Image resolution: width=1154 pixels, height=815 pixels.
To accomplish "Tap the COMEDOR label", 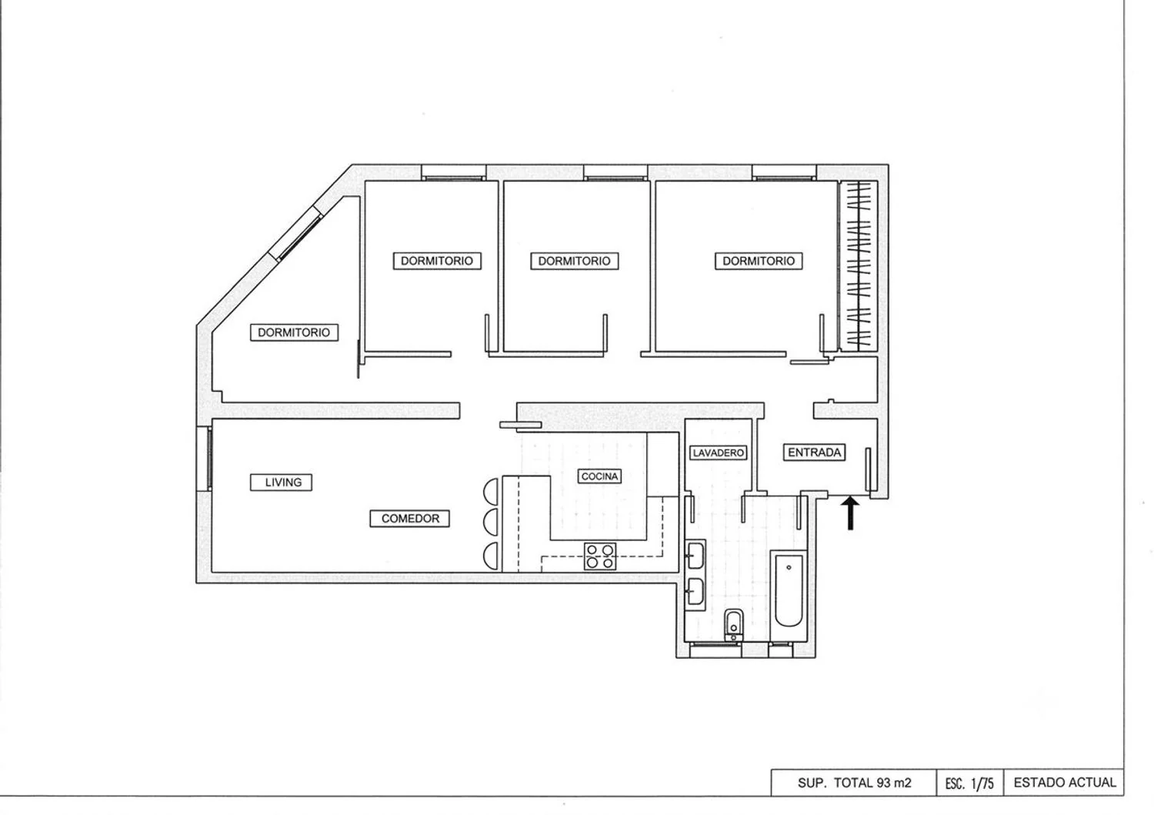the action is (409, 519).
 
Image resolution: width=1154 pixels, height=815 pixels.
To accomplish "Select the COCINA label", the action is (599, 476).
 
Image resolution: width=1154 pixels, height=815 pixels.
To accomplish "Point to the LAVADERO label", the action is (718, 453).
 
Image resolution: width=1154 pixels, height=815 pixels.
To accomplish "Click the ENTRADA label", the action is (814, 452).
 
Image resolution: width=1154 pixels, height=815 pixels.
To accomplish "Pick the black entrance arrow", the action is (850, 513).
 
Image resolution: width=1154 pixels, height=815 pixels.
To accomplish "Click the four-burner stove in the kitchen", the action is (599, 556).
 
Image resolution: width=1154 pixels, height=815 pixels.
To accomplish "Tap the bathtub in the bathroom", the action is (789, 590).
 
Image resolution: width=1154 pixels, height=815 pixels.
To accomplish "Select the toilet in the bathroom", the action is (733, 625).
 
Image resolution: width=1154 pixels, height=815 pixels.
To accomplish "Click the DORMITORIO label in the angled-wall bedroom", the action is (294, 332).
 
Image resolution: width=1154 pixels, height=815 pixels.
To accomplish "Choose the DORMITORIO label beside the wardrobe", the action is (759, 261).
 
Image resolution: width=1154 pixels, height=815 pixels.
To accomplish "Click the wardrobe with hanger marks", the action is (859, 266).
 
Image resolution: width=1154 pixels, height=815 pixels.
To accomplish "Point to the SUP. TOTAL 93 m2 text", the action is (854, 783).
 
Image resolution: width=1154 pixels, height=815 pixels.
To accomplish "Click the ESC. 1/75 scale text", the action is (969, 783).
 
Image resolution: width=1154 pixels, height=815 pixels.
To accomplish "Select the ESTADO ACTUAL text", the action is (1064, 783).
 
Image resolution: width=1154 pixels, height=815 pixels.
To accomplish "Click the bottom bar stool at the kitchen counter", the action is (492, 556).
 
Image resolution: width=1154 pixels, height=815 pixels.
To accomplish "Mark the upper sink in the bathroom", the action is (695, 555).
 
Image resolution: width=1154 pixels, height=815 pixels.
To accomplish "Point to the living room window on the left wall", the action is (206, 459).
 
